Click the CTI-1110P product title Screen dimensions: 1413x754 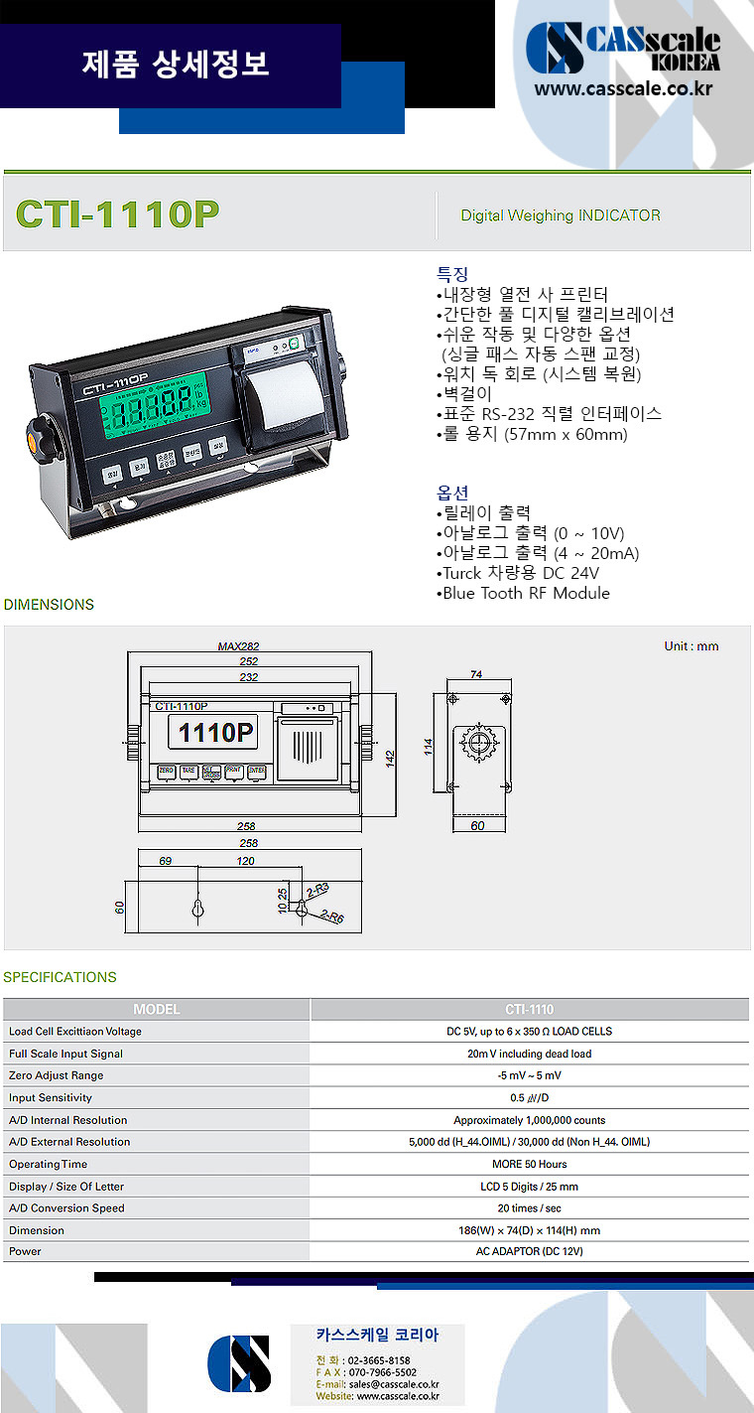(x=117, y=214)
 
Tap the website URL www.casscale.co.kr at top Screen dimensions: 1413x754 (x=623, y=90)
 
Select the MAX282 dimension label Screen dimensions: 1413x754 (x=238, y=646)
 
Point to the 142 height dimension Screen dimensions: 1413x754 (x=390, y=759)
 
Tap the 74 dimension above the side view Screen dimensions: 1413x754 (x=476, y=674)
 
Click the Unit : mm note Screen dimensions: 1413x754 (x=691, y=646)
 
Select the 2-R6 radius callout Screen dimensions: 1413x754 (x=332, y=918)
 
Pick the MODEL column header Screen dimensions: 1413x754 (x=157, y=1009)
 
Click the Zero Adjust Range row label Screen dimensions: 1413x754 (x=57, y=1075)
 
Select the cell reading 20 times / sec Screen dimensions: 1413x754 (x=529, y=1208)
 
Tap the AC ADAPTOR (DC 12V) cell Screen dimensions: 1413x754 (x=529, y=1251)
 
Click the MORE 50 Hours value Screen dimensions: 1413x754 (x=529, y=1164)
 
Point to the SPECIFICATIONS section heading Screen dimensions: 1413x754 (x=60, y=977)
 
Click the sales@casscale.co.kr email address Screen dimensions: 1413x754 (x=394, y=1383)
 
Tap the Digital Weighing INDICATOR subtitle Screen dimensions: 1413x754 (x=561, y=215)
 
